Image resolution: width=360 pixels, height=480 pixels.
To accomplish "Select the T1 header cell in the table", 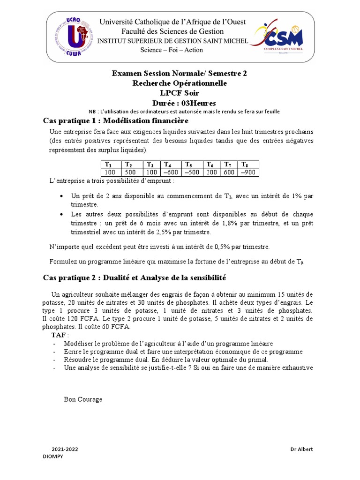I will click(x=109, y=165).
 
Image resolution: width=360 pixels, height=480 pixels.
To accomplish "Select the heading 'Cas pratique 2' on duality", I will click(x=134, y=278).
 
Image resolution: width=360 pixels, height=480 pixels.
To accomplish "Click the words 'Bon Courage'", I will click(x=83, y=399).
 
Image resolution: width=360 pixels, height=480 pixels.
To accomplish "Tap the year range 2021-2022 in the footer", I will click(x=65, y=449).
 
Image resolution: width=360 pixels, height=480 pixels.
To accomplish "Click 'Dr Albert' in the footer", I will click(x=301, y=449).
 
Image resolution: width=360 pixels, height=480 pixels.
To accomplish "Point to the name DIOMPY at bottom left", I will click(x=52, y=456).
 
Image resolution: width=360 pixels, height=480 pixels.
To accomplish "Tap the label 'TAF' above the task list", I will click(x=59, y=335).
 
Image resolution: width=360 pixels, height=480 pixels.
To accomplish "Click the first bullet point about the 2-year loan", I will click(x=192, y=200).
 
